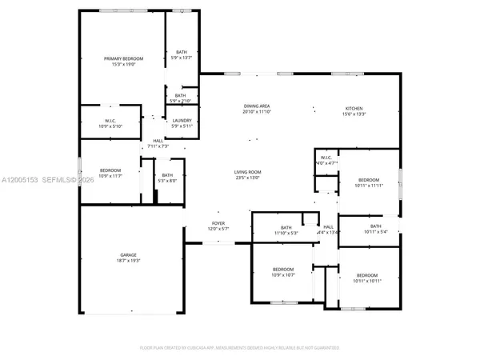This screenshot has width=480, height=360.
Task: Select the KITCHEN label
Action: (x=354, y=108)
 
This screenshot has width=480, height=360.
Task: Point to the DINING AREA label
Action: (x=258, y=106)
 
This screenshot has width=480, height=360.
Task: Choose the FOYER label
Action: (x=218, y=223)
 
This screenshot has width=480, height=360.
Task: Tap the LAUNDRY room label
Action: (x=182, y=121)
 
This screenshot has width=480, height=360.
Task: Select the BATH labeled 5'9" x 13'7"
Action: (x=182, y=52)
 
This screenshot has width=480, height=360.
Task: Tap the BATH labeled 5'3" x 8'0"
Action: (x=166, y=175)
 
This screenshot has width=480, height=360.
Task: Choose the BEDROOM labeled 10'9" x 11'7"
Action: (x=110, y=170)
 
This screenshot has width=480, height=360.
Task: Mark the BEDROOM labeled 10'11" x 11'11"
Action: (x=369, y=180)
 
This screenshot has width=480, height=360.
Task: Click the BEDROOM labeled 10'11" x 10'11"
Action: (x=367, y=275)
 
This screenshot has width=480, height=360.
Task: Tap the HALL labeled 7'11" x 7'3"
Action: (x=158, y=142)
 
